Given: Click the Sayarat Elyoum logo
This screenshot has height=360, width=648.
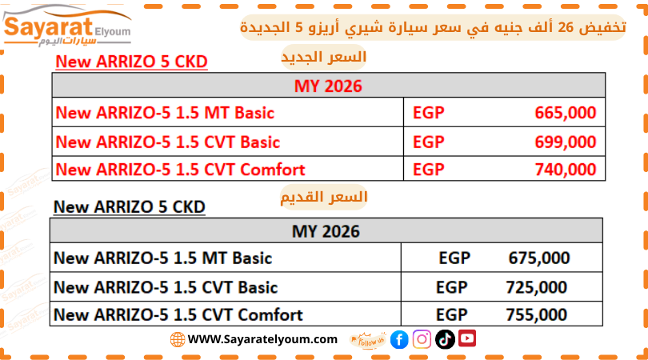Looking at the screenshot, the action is tap(67, 26).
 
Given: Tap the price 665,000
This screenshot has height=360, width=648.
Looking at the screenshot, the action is tap(566, 113).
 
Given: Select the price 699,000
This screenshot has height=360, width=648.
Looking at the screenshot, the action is tap(566, 142).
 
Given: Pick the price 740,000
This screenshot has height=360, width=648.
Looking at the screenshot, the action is tap(566, 170).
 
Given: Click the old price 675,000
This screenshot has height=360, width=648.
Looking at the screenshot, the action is tap(539, 258).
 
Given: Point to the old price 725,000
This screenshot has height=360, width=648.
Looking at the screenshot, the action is tap(537, 288).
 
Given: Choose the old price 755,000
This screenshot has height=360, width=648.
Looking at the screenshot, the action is tap(537, 315).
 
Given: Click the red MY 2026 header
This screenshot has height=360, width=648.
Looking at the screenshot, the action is tap(328, 86).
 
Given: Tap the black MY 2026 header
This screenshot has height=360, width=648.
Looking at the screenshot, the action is tap(326, 231).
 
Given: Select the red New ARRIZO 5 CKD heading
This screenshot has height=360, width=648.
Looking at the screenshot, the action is tap(131, 62).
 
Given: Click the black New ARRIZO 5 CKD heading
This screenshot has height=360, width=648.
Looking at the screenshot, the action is tap(130, 207).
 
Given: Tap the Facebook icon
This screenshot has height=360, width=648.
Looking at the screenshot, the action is tap(399, 340).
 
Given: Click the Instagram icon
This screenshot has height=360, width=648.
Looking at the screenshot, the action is tap(422, 339).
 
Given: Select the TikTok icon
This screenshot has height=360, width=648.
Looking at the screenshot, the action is tap(445, 339).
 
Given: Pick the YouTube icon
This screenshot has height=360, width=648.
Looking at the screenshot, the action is tap(467, 338).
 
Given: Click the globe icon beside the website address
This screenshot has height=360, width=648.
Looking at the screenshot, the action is tap(178, 340).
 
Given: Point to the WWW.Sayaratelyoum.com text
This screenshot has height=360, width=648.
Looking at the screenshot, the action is tap(262, 339).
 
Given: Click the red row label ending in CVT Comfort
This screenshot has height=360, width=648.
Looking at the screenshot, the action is tap(180, 170).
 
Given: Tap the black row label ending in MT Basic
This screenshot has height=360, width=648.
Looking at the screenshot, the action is tap(163, 258).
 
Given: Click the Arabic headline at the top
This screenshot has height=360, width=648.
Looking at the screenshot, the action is tap(433, 27).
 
